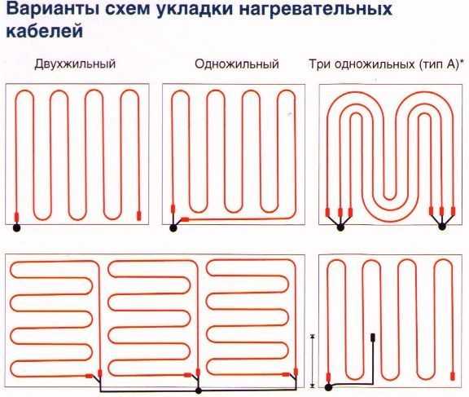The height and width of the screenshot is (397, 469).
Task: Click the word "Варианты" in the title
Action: (x=50, y=10)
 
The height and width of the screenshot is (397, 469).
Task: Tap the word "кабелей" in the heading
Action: (x=44, y=31)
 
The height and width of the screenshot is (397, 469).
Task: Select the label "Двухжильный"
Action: (x=75, y=64)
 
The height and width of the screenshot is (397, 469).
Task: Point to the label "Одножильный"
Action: (x=237, y=64)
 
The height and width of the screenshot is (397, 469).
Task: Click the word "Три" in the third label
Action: (x=320, y=64)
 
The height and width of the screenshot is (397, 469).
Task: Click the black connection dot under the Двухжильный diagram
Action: (x=16, y=228)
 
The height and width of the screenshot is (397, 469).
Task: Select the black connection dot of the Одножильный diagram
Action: (x=173, y=228)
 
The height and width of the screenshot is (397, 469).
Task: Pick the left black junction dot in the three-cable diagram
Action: (x=340, y=227)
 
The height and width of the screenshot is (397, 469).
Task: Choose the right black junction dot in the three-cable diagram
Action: (x=442, y=227)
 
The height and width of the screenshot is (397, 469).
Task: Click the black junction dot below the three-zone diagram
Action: (x=198, y=390)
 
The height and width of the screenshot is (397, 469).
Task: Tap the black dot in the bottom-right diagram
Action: (x=328, y=388)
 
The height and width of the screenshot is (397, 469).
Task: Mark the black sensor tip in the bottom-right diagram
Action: (x=373, y=337)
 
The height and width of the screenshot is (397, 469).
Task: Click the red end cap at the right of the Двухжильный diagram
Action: (x=138, y=215)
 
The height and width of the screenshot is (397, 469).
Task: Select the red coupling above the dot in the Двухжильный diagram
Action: (x=17, y=218)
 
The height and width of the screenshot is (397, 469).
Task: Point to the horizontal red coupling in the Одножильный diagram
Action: (x=185, y=219)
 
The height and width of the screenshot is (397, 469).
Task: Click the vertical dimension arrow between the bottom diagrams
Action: (x=313, y=361)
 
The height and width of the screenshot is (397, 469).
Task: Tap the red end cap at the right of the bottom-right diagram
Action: (x=453, y=376)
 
